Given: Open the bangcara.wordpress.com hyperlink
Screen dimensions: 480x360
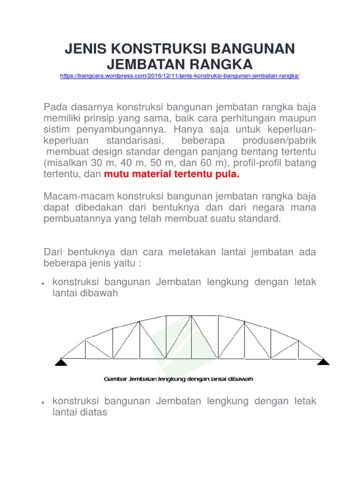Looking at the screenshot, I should click(180, 76).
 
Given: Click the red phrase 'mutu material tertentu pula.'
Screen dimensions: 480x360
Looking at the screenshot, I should click(172, 175).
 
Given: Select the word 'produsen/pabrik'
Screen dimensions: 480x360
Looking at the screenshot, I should click(279, 141).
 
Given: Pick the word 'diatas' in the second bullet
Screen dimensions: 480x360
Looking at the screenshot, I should click(94, 412).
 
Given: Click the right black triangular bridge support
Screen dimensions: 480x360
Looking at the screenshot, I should click(323, 361).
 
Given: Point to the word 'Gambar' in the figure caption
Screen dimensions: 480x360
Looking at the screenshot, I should click(114, 379).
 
